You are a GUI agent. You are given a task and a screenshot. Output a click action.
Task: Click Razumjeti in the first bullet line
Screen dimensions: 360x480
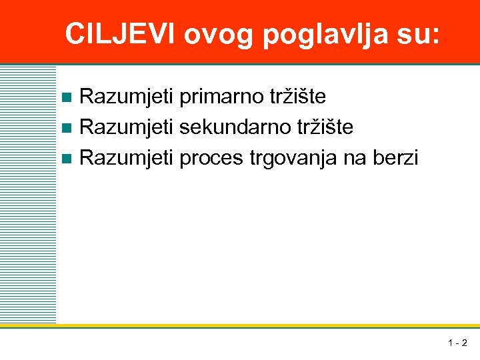click(127, 97)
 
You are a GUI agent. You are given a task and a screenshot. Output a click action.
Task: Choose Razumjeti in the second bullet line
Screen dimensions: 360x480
click(127, 127)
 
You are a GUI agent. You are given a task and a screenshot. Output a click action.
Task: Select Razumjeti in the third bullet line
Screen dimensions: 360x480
click(127, 158)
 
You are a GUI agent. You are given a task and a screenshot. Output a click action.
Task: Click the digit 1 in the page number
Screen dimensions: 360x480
click(451, 343)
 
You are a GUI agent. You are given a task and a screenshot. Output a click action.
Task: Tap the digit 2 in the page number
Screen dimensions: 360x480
click(464, 343)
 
